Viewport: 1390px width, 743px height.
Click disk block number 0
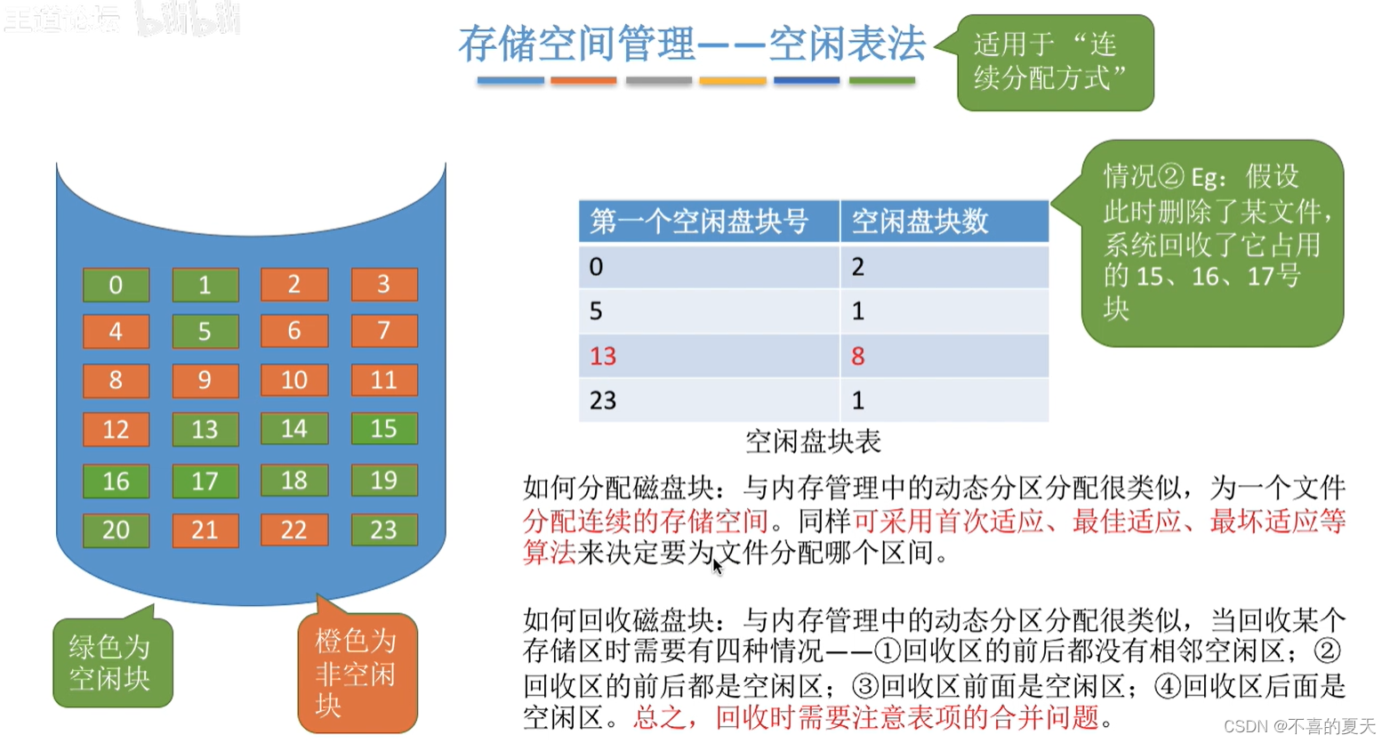pos(116,285)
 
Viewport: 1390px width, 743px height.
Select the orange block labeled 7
pos(383,331)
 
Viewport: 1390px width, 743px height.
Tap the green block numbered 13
pos(205,430)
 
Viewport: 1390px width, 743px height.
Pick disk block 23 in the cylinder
pos(383,530)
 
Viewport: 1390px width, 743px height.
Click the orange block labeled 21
pos(205,530)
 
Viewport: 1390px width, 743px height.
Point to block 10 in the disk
pos(294,380)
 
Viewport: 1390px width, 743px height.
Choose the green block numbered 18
pos(294,481)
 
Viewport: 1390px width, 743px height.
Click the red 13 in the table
pos(603,356)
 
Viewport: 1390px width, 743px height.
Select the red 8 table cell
pos(858,356)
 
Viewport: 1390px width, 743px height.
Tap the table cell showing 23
pos(603,400)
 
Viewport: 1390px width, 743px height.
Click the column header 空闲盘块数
pos(920,222)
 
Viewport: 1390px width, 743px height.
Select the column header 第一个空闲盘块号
pos(699,222)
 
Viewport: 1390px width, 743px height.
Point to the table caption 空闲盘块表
pos(813,441)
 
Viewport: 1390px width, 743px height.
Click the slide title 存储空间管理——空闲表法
pos(692,44)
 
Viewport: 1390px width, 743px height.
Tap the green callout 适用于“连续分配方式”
pos(1055,62)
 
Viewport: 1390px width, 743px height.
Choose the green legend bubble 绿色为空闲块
pos(111,663)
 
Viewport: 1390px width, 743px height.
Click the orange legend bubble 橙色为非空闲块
pos(357,673)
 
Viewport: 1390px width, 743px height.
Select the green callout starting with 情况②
pos(1211,242)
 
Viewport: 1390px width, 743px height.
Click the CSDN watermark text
pos(1299,726)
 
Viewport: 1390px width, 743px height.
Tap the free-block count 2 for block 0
pos(858,266)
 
